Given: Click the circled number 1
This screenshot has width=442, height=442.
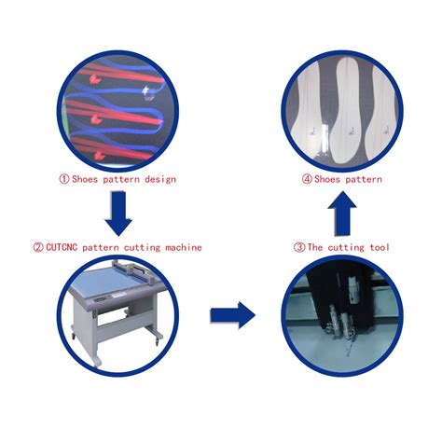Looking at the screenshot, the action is click(x=64, y=179).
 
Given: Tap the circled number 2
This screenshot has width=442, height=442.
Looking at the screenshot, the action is click(x=38, y=247).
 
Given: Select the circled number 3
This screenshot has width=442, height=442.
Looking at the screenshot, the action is click(x=299, y=247).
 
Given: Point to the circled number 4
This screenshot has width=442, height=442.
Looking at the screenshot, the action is click(x=307, y=179).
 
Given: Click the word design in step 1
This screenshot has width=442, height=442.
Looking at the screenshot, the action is click(x=160, y=180).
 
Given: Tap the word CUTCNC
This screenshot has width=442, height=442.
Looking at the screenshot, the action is click(x=62, y=247).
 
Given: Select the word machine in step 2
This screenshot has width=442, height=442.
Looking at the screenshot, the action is click(x=184, y=247).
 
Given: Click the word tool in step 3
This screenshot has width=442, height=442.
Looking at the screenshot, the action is click(x=380, y=247).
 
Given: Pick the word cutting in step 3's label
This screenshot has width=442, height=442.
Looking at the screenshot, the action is click(x=346, y=248).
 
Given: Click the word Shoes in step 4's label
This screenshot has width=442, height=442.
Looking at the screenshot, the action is click(x=327, y=179).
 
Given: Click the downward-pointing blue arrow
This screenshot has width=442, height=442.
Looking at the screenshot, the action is click(x=118, y=214).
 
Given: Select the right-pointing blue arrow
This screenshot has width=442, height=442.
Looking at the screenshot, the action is click(x=232, y=315).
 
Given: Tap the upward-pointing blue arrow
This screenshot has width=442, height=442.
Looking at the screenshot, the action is click(x=342, y=214).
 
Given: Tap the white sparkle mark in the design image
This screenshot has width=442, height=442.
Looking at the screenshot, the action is click(x=148, y=92).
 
